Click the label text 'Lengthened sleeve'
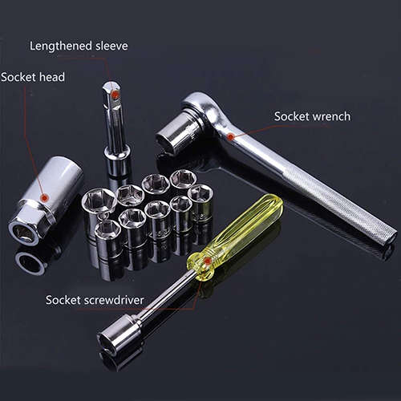click(x=79, y=46)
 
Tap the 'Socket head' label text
click(x=33, y=77)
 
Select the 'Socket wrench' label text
click(x=312, y=116)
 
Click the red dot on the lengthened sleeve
click(x=115, y=95)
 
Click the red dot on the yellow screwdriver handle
click(x=209, y=261)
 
